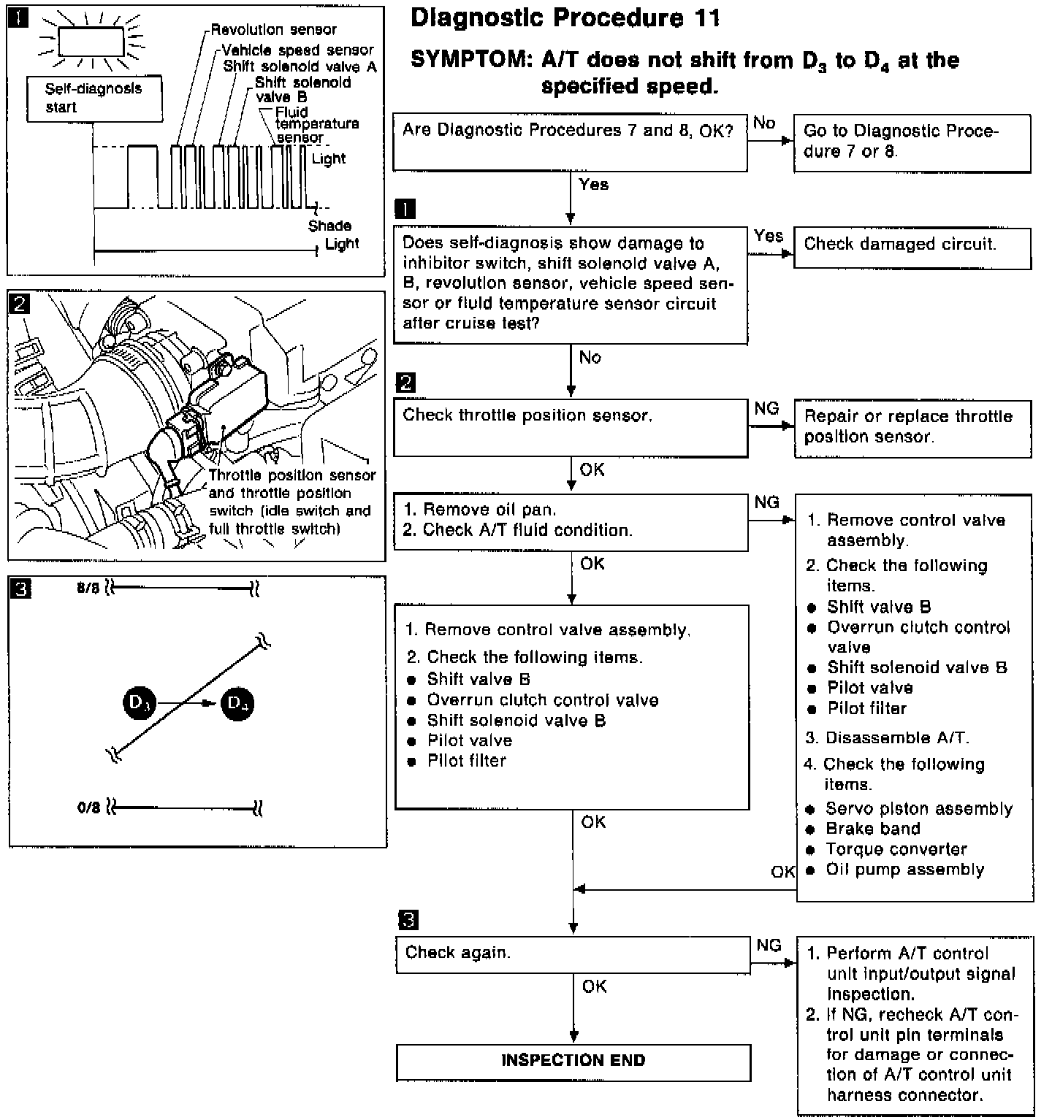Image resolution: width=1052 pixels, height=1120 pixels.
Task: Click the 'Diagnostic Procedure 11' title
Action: click(565, 18)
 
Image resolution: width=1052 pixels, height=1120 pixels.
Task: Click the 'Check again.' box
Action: click(573, 954)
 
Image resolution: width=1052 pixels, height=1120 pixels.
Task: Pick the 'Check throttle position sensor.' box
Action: click(570, 427)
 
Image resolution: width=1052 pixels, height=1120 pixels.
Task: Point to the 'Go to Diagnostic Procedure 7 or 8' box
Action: click(912, 142)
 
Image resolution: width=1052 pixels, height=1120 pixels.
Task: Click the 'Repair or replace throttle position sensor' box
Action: click(912, 428)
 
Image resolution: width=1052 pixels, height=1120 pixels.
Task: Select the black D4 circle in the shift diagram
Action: click(237, 704)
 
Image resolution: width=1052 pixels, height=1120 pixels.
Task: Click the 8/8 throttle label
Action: click(88, 588)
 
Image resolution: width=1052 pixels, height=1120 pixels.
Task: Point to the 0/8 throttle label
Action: click(88, 809)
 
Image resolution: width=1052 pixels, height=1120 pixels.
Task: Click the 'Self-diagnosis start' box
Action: click(94, 99)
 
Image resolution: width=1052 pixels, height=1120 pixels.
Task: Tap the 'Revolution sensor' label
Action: click(274, 30)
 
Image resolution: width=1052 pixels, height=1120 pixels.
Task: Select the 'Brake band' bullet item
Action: click(872, 829)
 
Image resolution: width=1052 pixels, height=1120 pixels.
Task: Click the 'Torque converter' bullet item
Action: click(896, 850)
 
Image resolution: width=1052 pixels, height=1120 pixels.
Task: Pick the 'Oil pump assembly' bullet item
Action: click(904, 870)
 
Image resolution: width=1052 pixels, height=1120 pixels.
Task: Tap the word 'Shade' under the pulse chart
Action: click(329, 226)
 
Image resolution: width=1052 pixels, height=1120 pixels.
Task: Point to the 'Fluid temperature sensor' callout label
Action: click(316, 125)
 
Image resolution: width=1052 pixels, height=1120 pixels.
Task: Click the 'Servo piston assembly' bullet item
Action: click(918, 809)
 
